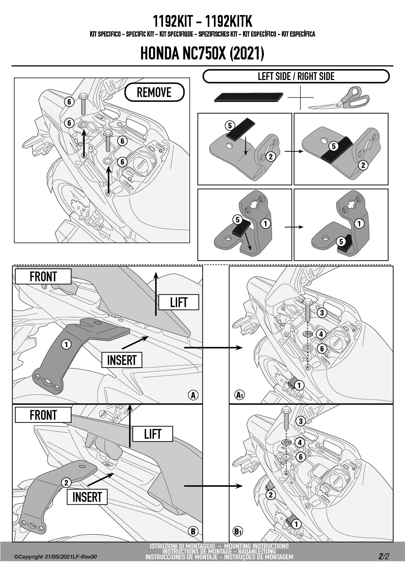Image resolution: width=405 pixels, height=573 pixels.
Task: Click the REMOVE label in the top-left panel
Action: tap(154, 92)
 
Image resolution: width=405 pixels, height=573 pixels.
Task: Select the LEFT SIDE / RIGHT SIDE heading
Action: tap(296, 76)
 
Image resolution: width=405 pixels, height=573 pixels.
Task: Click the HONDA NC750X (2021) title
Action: tap(202, 54)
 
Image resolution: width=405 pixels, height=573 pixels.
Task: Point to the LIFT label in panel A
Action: tap(178, 302)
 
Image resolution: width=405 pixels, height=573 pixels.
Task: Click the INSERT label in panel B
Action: tap(87, 497)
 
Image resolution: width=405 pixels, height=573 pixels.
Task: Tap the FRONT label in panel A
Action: tap(43, 277)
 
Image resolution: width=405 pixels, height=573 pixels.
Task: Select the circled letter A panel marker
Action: tap(193, 395)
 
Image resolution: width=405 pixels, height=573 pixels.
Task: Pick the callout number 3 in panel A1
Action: tap(322, 313)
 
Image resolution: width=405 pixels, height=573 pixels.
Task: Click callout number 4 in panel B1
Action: tap(300, 443)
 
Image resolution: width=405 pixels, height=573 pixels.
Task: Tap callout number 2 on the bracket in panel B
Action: tap(66, 483)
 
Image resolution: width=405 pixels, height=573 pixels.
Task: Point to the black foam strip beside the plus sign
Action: tap(249, 97)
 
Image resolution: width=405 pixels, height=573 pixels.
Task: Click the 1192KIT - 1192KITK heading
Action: tap(202, 22)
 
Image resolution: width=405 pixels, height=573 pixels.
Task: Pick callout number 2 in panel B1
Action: tap(270, 495)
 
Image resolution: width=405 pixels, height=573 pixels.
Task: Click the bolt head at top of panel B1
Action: tap(286, 410)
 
